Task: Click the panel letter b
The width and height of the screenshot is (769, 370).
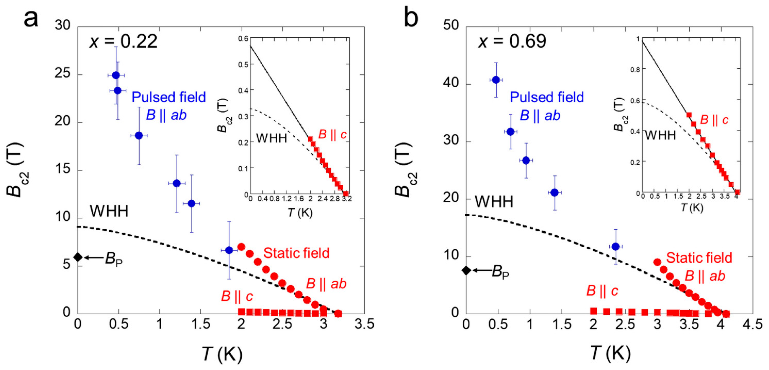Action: click(411, 18)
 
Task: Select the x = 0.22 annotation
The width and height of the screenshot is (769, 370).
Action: click(123, 41)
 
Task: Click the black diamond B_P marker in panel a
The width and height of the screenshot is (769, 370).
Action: click(78, 257)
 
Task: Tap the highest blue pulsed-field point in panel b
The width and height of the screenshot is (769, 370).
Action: click(496, 80)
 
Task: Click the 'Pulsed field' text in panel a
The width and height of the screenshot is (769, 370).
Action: click(169, 97)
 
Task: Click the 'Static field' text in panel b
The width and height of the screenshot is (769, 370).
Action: click(699, 258)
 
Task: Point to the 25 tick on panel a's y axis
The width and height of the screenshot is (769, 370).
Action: click(62, 73)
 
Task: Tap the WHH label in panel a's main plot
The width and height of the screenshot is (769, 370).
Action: click(109, 211)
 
